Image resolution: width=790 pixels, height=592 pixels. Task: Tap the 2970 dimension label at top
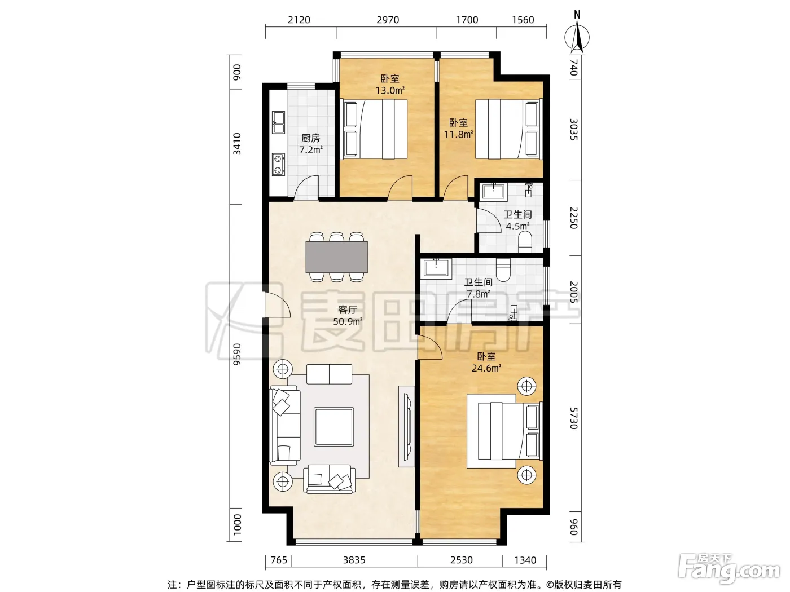pyautogui.click(x=388, y=20)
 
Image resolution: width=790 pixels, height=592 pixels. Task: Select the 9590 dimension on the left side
pyautogui.click(x=236, y=354)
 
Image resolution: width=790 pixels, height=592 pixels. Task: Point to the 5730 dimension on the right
pyautogui.click(x=574, y=418)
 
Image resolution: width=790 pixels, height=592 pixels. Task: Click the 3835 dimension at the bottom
pyautogui.click(x=354, y=560)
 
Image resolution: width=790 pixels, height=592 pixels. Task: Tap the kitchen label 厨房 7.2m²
pyautogui.click(x=310, y=144)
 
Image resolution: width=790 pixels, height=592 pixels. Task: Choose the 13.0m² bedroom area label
pyautogui.click(x=390, y=90)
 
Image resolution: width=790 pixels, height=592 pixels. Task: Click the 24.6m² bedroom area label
pyautogui.click(x=486, y=368)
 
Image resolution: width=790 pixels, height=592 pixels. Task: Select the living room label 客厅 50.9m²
pyautogui.click(x=347, y=315)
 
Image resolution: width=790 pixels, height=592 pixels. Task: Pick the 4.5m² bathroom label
pyautogui.click(x=517, y=226)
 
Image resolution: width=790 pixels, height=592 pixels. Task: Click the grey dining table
pyautogui.click(x=336, y=257)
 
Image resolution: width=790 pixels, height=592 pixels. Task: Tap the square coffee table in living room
pyautogui.click(x=333, y=427)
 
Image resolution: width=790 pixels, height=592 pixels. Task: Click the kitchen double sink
pyautogui.click(x=278, y=122)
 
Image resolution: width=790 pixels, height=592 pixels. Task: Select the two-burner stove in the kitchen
pyautogui.click(x=278, y=164)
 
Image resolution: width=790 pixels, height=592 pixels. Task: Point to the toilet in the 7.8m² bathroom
pyautogui.click(x=503, y=270)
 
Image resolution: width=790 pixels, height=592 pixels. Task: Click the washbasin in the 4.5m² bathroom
pyautogui.click(x=493, y=191)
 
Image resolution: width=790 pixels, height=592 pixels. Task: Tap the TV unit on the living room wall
pyautogui.click(x=407, y=426)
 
